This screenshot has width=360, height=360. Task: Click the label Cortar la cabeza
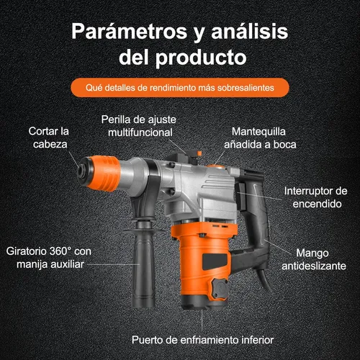pos(48,138)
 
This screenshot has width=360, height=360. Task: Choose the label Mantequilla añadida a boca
pos(264,138)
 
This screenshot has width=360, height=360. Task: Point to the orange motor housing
pos(202,266)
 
